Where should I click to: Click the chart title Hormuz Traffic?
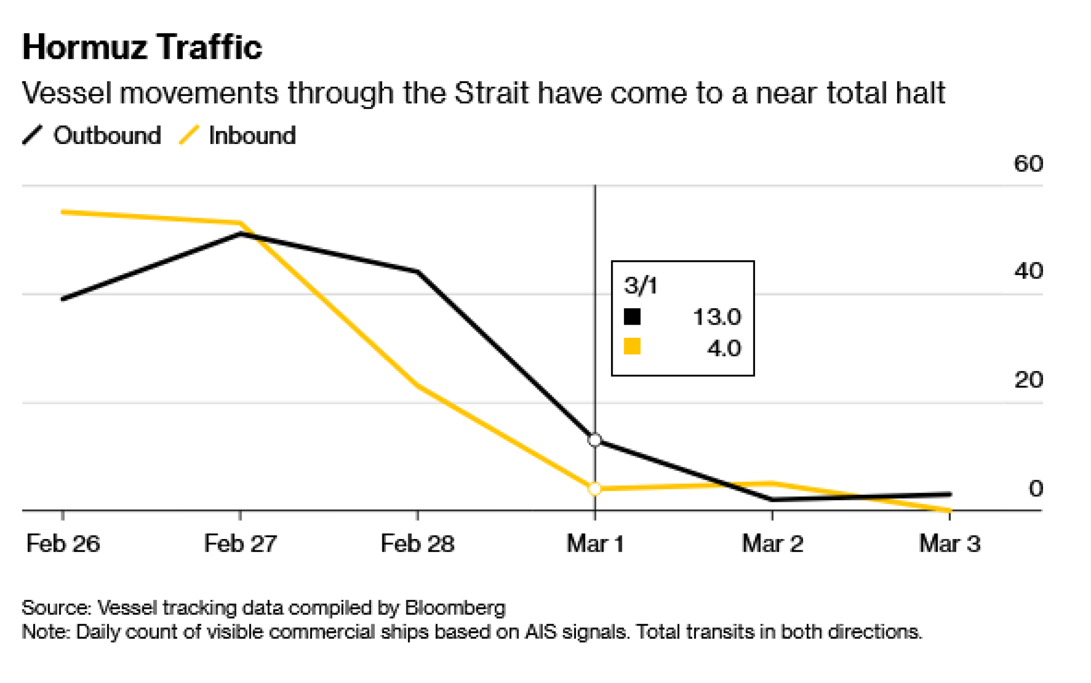coord(142,47)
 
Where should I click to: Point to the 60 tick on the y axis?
coord(1028,164)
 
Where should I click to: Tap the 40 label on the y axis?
coord(1028,271)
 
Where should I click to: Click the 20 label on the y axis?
coord(1028,380)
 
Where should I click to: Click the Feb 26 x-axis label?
coord(63,543)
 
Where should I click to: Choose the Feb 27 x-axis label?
coord(240,543)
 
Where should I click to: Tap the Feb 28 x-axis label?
coord(417,543)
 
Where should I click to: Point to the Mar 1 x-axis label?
coord(595,543)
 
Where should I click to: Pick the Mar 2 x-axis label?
coord(772,543)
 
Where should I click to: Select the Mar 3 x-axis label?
coord(950,543)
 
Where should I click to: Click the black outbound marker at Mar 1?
coord(595,440)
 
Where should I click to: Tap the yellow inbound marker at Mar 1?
coord(595,489)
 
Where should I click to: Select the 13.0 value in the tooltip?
coord(717,317)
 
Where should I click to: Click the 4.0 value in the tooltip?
coord(724,348)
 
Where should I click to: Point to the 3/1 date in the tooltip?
coord(640,286)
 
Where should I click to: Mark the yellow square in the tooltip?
coord(632,346)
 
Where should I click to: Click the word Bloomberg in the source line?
coord(455,608)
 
